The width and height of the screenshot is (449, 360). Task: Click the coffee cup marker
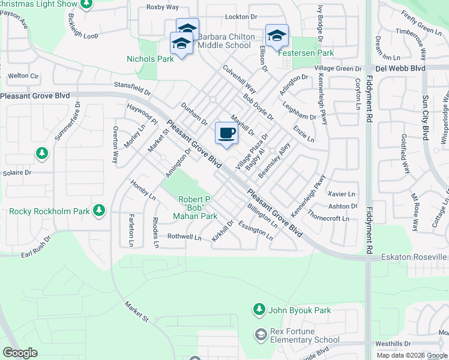pyautogui.click(x=226, y=134)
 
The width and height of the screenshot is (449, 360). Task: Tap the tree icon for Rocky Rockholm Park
pyautogui.click(x=99, y=211)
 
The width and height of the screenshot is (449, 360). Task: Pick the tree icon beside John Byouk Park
pyautogui.click(x=259, y=310)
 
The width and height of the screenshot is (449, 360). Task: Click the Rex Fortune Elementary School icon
pyautogui.click(x=260, y=334)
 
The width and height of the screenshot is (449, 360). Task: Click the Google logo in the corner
pyautogui.click(x=20, y=352)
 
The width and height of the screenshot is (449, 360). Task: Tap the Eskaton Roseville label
pyautogui.click(x=415, y=257)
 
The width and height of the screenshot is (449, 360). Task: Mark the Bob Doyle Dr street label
pyautogui.click(x=258, y=106)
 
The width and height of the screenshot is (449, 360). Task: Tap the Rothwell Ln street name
pyautogui.click(x=184, y=237)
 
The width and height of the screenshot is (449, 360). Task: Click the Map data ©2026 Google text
pyautogui.click(x=412, y=355)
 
